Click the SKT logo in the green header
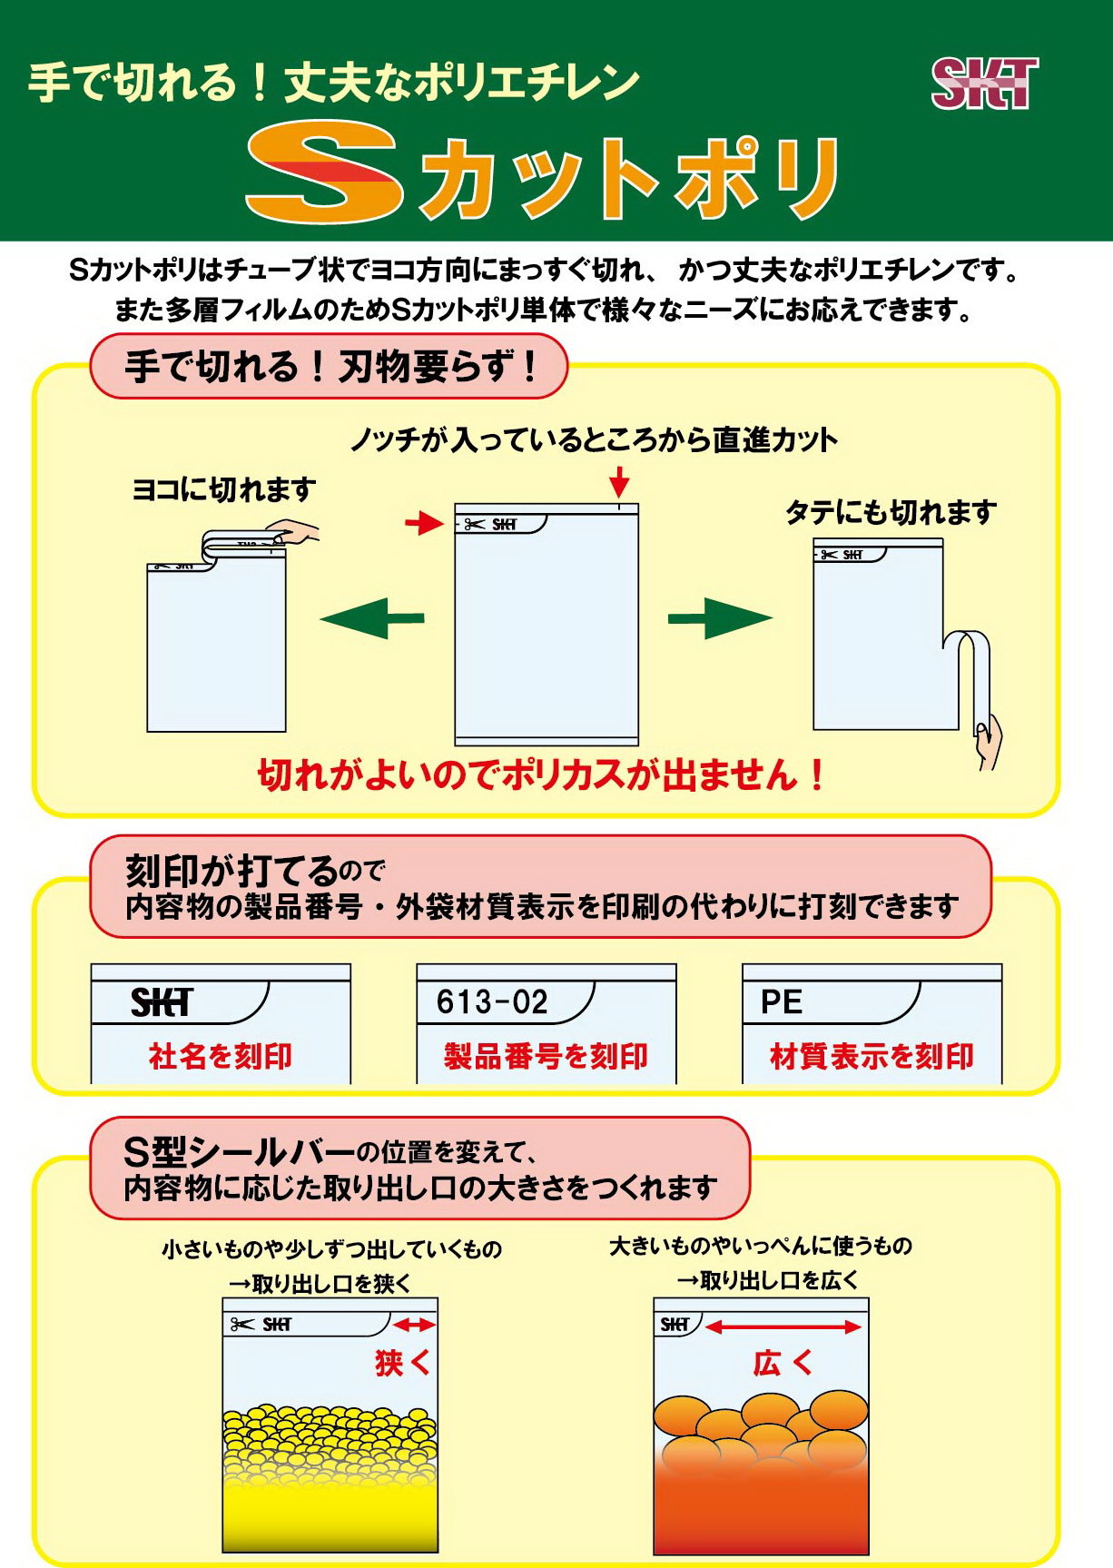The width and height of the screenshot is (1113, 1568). [985, 84]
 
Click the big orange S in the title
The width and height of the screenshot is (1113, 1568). [324, 172]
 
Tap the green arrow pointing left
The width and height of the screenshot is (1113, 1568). [372, 618]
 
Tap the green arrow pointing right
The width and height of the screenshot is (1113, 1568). [720, 618]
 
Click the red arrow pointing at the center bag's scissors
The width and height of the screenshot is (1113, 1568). [424, 522]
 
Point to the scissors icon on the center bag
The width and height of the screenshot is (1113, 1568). [474, 524]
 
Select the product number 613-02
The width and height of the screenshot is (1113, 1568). [492, 1001]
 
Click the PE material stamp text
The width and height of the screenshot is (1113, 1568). [781, 1001]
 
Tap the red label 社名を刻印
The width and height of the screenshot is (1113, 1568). [221, 1056]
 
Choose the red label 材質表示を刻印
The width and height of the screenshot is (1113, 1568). [872, 1056]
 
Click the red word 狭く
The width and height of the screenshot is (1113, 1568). [403, 1362]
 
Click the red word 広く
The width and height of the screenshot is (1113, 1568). [783, 1362]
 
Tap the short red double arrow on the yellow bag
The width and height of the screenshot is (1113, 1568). [415, 1325]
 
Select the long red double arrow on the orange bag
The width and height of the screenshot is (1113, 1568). [783, 1326]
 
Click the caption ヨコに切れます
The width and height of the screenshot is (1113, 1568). [223, 489]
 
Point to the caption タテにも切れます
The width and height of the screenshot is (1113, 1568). [891, 513]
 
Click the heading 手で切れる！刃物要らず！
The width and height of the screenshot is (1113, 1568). [330, 367]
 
